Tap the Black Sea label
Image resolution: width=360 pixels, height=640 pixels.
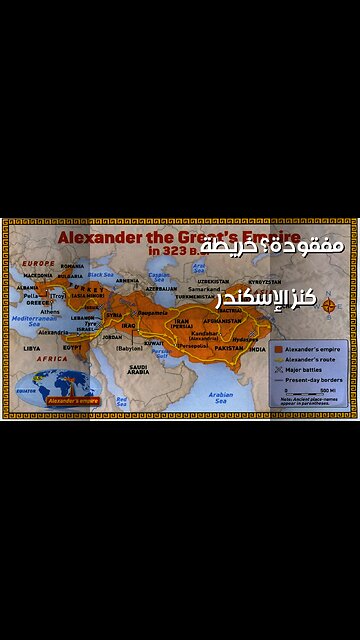tap(99, 273)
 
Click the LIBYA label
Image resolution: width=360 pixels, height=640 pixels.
tap(32, 348)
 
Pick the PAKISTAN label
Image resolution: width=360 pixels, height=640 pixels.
tap(228, 348)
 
